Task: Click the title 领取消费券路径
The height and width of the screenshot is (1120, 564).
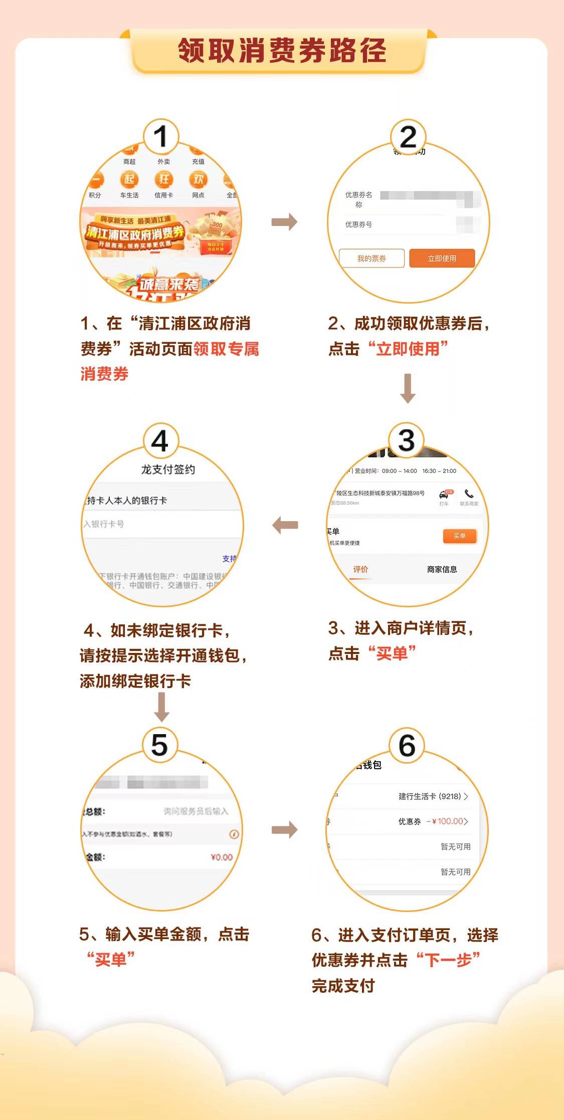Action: tap(282, 51)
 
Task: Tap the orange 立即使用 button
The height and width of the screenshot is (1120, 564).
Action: tap(442, 259)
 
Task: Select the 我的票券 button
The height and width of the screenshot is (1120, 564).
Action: tap(371, 259)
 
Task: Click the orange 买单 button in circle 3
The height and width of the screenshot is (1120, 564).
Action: tap(459, 536)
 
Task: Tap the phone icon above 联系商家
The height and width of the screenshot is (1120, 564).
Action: tap(469, 494)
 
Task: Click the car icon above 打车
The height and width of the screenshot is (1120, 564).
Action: tap(444, 495)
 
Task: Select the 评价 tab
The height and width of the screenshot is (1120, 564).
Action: tap(360, 569)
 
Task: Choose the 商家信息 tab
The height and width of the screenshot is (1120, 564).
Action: tap(442, 569)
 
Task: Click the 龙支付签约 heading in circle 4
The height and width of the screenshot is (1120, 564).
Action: tap(168, 470)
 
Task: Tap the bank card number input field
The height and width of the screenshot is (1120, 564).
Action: tap(160, 524)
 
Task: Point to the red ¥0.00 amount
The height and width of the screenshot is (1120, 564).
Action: tap(222, 857)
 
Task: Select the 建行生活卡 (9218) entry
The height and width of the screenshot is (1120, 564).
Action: tap(430, 796)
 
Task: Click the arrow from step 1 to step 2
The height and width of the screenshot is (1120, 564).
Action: tap(284, 222)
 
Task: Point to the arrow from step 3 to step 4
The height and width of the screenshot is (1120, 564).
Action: tap(285, 525)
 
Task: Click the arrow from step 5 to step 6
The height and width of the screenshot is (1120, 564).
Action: tap(284, 830)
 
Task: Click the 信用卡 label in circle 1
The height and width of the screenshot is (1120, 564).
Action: tap(163, 195)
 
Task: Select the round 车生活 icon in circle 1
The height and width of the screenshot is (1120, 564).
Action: tap(129, 179)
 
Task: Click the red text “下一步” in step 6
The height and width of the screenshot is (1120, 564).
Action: tap(448, 960)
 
